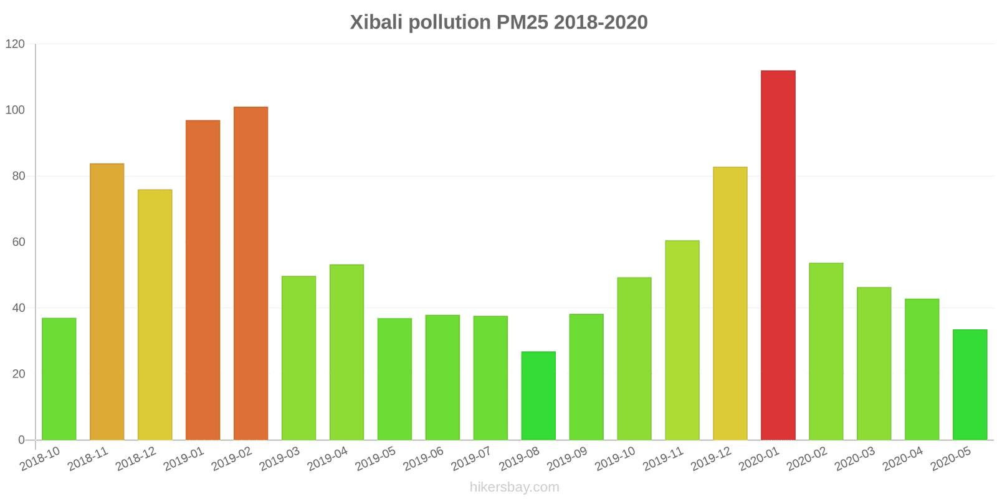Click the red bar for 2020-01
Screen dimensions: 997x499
(778, 255)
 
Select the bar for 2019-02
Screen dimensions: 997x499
(251, 274)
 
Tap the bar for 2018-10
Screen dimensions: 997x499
(59, 379)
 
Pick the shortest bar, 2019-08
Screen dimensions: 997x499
(538, 395)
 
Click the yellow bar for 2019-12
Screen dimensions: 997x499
(730, 303)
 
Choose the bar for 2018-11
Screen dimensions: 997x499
(107, 302)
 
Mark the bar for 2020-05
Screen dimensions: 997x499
(970, 385)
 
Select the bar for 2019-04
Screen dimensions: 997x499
(346, 352)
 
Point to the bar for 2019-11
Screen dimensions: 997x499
(682, 341)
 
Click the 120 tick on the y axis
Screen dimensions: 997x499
(15, 44)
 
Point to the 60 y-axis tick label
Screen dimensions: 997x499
(19, 242)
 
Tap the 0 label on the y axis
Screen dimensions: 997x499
(21, 440)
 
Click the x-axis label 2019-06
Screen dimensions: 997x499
(424, 458)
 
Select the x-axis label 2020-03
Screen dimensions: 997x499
(855, 458)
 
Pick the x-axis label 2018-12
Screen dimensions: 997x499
(136, 458)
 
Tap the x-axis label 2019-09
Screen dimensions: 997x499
(568, 458)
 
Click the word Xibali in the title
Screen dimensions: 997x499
(376, 22)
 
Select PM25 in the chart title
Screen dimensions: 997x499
(522, 22)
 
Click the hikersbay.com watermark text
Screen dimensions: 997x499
(515, 487)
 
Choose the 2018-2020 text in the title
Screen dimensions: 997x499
(601, 22)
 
